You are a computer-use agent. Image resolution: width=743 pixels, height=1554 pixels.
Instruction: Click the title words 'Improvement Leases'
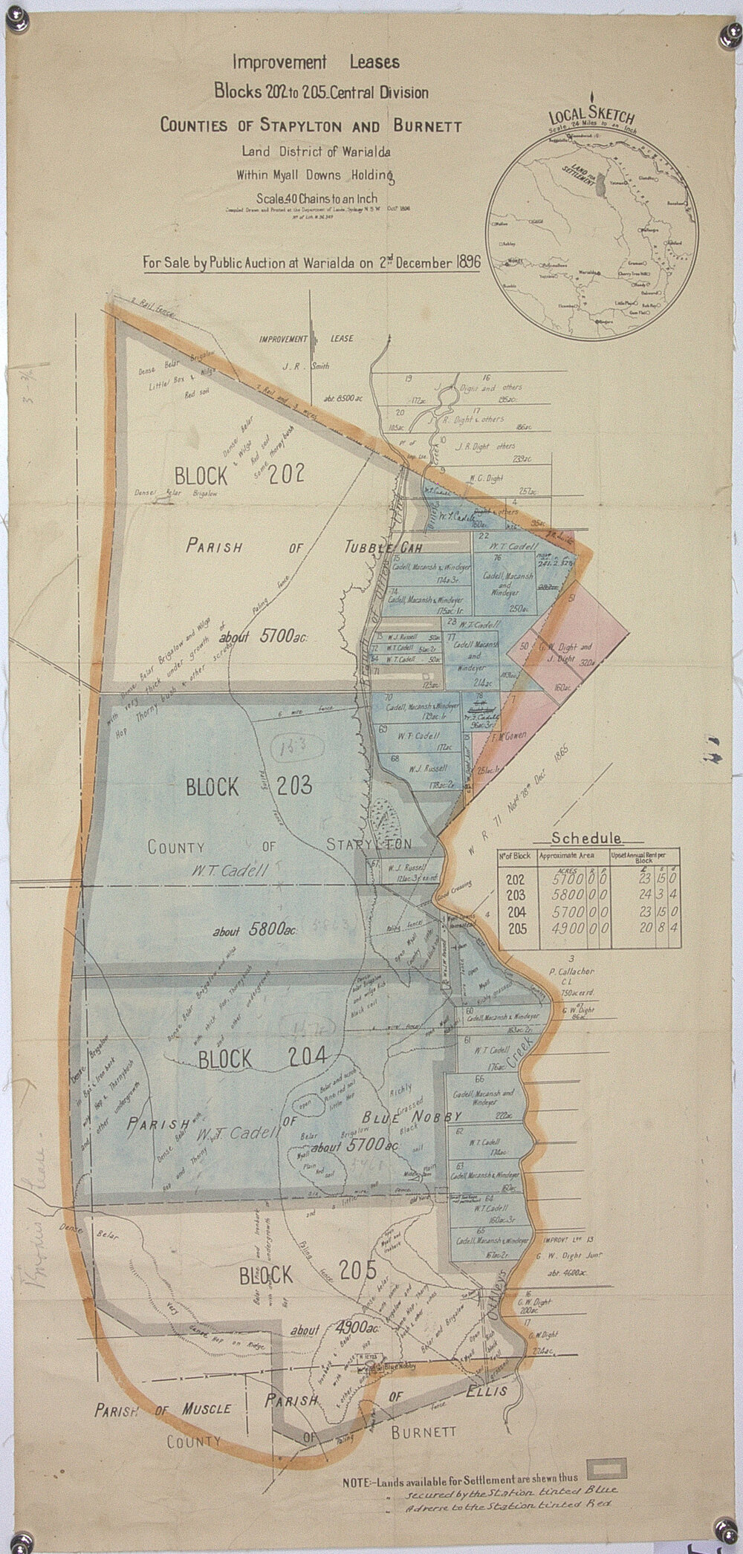[315, 62]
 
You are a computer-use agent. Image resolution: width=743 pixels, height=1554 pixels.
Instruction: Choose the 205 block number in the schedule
[515, 928]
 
